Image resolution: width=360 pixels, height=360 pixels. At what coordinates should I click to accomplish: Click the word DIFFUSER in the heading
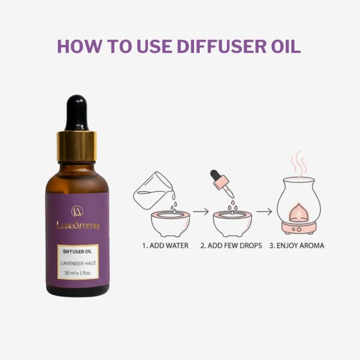(x=222, y=46)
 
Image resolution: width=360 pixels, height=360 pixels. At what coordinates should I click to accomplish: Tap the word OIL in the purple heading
(x=286, y=46)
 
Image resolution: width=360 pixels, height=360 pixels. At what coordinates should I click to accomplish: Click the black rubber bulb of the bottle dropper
(x=76, y=112)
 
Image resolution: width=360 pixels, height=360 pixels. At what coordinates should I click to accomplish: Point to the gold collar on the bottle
(x=76, y=146)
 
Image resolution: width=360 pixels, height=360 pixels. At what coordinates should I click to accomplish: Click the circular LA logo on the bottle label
(x=78, y=211)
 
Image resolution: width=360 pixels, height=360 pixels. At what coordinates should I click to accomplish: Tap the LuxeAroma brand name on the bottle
(x=78, y=225)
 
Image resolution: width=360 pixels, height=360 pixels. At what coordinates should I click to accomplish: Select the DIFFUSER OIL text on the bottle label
(x=78, y=251)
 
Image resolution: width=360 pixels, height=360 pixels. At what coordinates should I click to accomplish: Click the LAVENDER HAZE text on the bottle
(x=78, y=263)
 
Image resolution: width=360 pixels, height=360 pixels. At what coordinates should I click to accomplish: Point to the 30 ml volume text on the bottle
(x=78, y=273)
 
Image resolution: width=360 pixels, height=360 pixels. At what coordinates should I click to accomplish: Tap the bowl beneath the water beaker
(x=170, y=224)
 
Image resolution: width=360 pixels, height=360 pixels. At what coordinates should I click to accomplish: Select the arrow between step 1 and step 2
(x=201, y=211)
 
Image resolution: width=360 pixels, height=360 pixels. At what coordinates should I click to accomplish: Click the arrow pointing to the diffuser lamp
(x=264, y=211)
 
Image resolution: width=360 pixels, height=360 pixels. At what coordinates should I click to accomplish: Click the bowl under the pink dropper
(x=232, y=224)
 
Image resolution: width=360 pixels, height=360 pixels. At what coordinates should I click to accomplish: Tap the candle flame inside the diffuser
(x=299, y=214)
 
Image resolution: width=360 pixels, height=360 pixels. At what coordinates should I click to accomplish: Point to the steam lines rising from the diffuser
(x=299, y=162)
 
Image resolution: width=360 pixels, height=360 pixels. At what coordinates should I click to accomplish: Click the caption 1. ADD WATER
(x=165, y=246)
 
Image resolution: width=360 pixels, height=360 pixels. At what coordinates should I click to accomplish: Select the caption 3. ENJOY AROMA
(x=297, y=246)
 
